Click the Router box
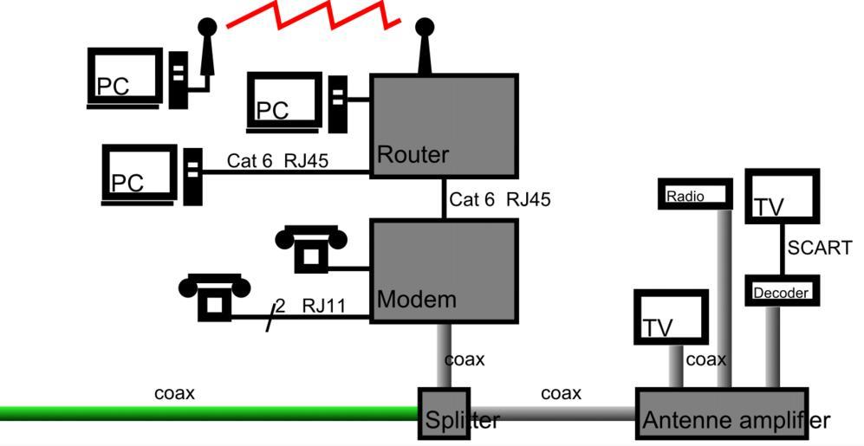445,126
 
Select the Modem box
445,270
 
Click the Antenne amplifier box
721,415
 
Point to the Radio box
695,194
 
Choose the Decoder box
782,291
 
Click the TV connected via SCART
782,198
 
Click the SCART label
819,249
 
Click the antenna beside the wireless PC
205,52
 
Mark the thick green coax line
208,414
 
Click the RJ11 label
324,306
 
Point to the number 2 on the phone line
280,306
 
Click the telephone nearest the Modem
310,248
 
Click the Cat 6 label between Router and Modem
472,200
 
